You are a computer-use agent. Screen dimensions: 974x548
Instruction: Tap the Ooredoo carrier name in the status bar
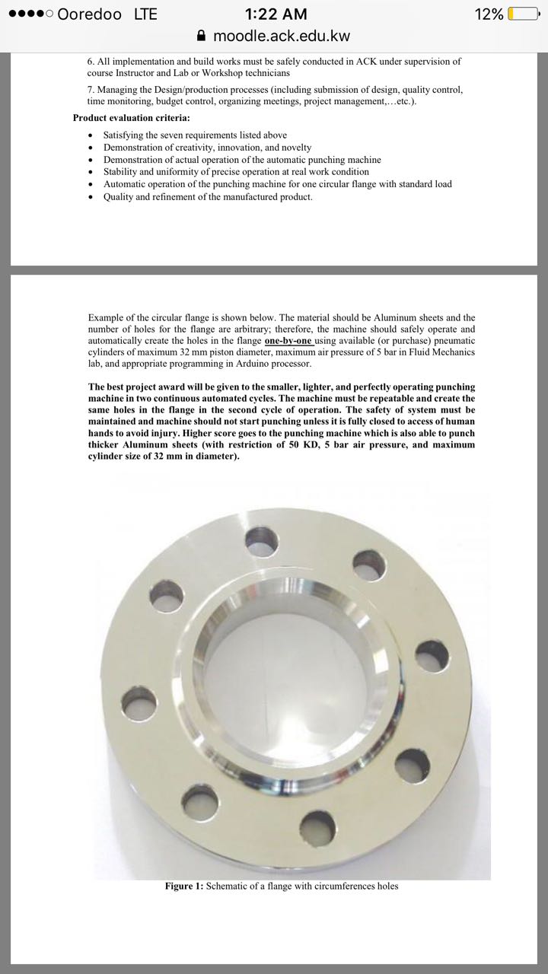90,14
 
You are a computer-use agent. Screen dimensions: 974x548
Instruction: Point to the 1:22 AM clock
276,14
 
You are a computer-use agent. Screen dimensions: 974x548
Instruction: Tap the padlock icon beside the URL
202,36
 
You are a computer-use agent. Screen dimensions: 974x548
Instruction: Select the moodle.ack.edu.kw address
282,36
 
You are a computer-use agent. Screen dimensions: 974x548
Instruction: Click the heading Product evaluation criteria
132,118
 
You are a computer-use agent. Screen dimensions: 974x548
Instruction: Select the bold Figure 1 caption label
183,886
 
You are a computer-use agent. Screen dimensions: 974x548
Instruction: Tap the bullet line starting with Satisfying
195,135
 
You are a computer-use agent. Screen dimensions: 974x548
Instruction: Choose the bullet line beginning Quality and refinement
208,197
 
